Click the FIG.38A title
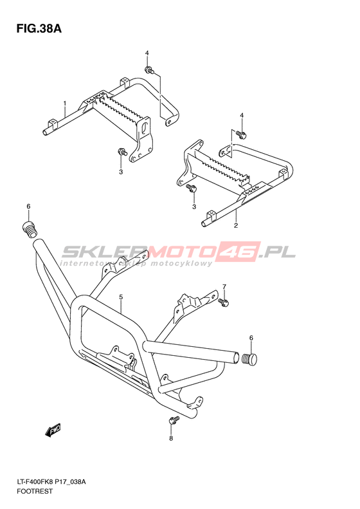coord(39,28)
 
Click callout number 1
coord(65,103)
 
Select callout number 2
coord(236,225)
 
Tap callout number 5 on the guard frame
coord(121,297)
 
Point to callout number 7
coord(224,286)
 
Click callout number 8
coord(171,439)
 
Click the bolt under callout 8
coord(173,420)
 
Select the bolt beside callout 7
coord(224,302)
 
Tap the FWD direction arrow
coord(53,430)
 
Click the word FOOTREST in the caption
coord(34,491)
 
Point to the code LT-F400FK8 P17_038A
coord(51,482)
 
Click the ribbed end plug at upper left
coord(30,230)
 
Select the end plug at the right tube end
coord(249,359)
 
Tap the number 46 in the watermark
coord(239,251)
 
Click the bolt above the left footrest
coord(149,69)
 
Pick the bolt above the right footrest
coord(240,133)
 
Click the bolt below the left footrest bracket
coord(122,152)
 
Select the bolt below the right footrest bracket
coord(191,187)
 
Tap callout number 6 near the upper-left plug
coord(28,206)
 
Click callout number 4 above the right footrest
coord(242,116)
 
